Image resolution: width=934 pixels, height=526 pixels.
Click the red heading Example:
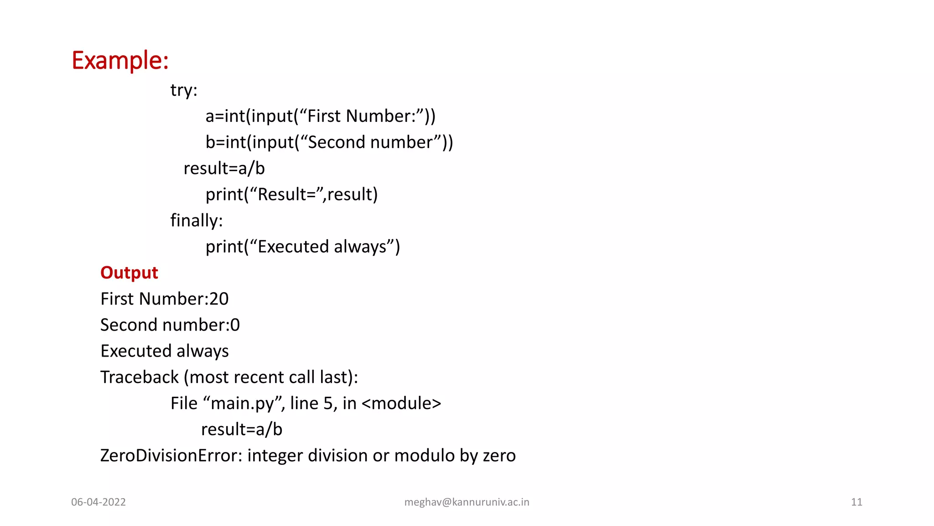click(x=120, y=60)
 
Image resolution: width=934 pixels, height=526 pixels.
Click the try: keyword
click(x=184, y=90)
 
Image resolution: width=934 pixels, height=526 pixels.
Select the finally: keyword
click(x=197, y=221)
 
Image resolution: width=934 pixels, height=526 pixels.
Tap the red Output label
click(x=129, y=273)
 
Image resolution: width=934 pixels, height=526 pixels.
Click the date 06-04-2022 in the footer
click(x=99, y=502)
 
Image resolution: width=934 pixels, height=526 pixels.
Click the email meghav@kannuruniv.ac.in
click(x=467, y=502)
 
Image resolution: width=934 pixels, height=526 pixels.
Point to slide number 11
click(x=856, y=502)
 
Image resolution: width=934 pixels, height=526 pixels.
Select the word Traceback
click(x=140, y=378)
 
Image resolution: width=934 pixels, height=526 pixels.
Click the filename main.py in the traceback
click(x=242, y=404)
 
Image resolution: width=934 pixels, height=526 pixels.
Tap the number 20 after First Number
click(x=219, y=299)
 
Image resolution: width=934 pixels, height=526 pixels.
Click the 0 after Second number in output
click(x=235, y=325)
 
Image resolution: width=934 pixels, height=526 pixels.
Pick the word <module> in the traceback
click(x=401, y=404)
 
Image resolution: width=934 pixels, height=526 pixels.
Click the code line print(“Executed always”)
click(x=302, y=247)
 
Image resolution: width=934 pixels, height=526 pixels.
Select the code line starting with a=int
click(x=320, y=116)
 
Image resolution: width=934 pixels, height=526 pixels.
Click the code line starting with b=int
click(x=329, y=142)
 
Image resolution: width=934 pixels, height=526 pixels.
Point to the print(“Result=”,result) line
click(x=291, y=195)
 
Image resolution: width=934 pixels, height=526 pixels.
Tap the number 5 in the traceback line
click(x=328, y=404)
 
